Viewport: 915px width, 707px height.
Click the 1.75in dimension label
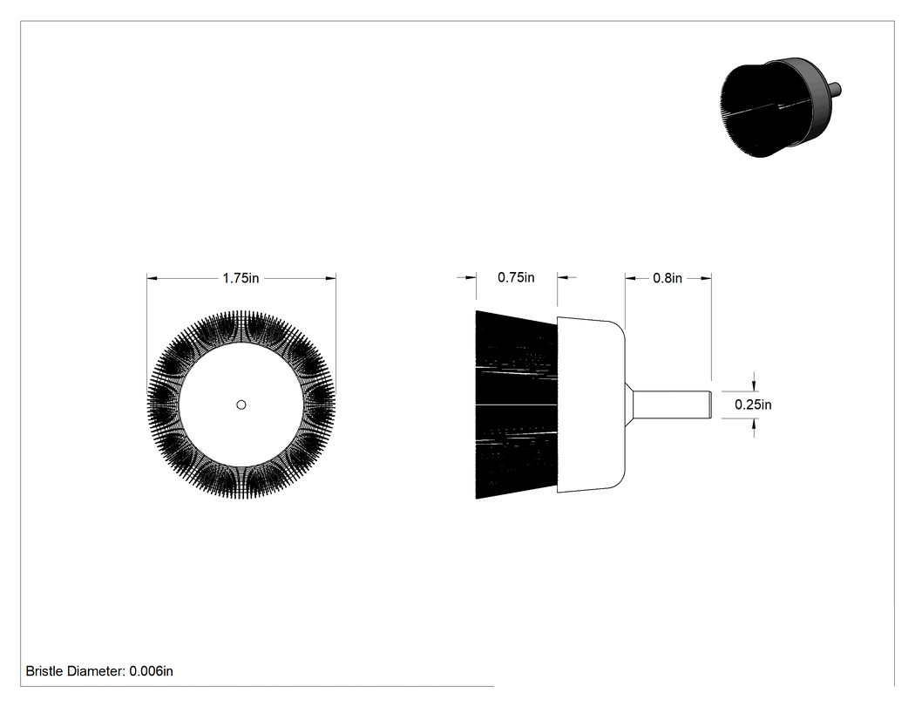pyautogui.click(x=241, y=278)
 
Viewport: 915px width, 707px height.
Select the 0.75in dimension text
pyautogui.click(x=516, y=277)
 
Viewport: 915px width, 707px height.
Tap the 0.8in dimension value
pyautogui.click(x=668, y=278)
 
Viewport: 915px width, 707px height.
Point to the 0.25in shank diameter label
pyautogui.click(x=753, y=404)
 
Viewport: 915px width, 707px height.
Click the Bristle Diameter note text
pyautogui.click(x=99, y=671)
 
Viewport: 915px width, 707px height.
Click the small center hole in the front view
pyautogui.click(x=241, y=404)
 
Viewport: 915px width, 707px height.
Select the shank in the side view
pyautogui.click(x=672, y=404)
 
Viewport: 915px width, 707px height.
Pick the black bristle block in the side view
pyautogui.click(x=517, y=404)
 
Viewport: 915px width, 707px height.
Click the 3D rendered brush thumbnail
pyautogui.click(x=780, y=107)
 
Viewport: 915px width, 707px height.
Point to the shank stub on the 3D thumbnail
pyautogui.click(x=836, y=89)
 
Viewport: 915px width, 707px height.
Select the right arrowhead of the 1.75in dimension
pyautogui.click(x=330, y=278)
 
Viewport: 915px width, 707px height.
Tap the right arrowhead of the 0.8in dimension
pyautogui.click(x=706, y=278)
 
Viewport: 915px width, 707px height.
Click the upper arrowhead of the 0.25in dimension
pyautogui.click(x=755, y=385)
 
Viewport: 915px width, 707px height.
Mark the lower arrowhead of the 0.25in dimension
pyautogui.click(x=755, y=424)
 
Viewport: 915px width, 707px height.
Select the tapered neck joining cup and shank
pyautogui.click(x=629, y=404)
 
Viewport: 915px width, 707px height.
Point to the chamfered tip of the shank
pyautogui.click(x=709, y=404)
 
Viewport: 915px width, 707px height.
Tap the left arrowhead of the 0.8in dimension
pyautogui.click(x=631, y=278)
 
